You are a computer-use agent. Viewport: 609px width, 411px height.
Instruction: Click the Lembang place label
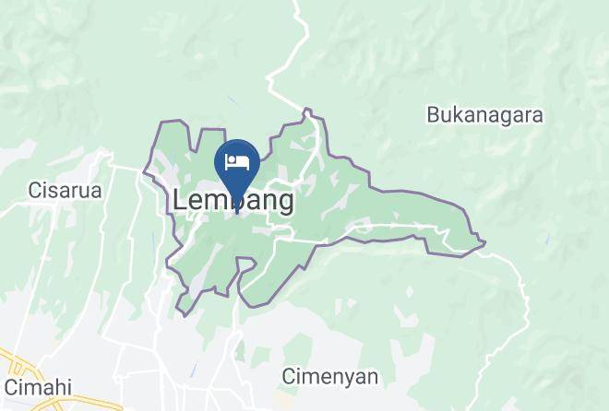coord(233,200)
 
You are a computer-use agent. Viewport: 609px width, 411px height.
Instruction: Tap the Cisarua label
coord(65,191)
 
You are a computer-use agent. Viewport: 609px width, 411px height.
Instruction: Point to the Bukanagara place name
coord(484,115)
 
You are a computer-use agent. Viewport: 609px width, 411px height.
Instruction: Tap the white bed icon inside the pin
coord(237,162)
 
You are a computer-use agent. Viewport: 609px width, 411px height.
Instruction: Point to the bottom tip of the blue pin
coord(237,213)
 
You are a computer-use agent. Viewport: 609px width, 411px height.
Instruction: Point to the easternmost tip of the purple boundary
coord(484,243)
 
